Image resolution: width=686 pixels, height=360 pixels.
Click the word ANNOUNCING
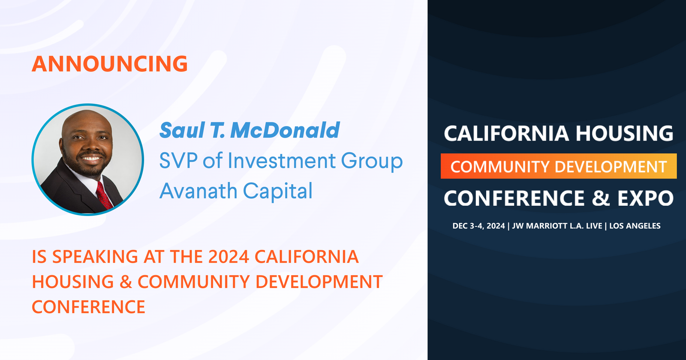coord(110,64)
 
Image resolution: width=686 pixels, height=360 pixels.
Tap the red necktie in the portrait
coord(103,195)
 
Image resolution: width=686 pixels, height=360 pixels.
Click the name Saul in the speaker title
coord(182,131)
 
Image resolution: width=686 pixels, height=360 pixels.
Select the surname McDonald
coord(285,131)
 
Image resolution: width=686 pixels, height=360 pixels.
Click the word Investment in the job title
coord(282,161)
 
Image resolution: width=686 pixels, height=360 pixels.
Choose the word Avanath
coord(198,191)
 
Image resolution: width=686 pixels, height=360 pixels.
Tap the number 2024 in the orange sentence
coord(229,257)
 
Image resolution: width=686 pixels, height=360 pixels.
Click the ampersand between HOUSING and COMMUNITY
coord(126,282)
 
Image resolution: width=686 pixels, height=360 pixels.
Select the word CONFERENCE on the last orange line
coord(89,307)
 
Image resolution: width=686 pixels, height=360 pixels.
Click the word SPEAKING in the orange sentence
coord(95,257)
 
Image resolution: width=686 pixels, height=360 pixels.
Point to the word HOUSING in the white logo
coord(624,134)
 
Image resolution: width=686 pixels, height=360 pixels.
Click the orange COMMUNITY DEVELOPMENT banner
coord(558,166)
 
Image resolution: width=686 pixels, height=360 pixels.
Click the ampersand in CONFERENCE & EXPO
coord(601,198)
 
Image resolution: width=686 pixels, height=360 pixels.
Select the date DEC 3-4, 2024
coord(478,226)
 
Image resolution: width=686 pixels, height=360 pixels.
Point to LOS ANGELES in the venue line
coord(635,226)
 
